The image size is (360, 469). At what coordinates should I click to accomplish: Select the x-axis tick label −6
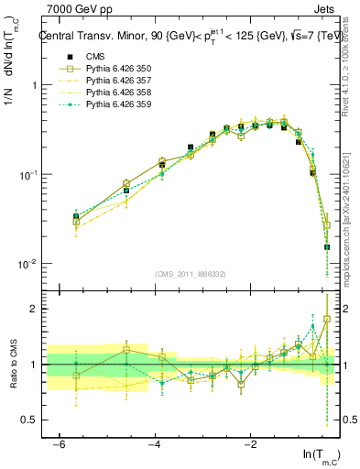[x=58, y=442]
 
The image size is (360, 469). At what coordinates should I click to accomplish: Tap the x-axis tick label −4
[x=154, y=442]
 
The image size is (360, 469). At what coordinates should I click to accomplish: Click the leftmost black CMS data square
[x=76, y=217]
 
